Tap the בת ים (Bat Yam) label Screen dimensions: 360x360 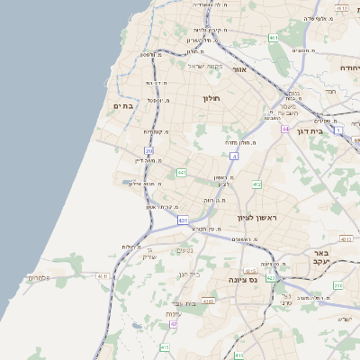[122, 105]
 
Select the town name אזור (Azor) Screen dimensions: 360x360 [238, 69]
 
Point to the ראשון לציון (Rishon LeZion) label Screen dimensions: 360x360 [259, 218]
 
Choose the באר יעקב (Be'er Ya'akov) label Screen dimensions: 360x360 [323, 256]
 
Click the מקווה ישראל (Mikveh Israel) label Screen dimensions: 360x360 [204, 65]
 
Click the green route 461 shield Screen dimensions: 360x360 [273, 38]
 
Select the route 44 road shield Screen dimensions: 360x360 [284, 130]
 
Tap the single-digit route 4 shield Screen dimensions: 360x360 [234, 156]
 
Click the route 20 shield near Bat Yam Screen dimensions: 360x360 [148, 150]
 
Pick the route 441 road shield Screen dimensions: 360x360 [181, 172]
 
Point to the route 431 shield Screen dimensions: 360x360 [183, 220]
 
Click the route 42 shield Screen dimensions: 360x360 [173, 324]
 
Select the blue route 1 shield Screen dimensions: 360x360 [338, 130]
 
